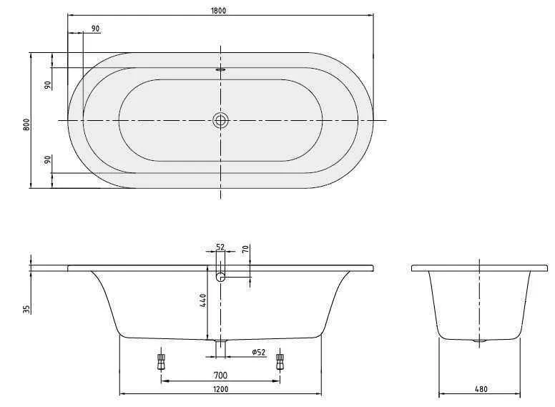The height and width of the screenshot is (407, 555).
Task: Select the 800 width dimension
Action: [26, 124]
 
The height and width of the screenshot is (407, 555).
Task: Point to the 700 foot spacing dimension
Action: [220, 375]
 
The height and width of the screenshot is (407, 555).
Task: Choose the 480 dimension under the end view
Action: [481, 389]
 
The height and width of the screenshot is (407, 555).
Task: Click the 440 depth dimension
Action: [203, 300]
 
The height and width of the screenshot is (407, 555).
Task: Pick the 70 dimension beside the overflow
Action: [245, 250]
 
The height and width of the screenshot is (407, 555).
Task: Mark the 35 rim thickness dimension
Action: [26, 309]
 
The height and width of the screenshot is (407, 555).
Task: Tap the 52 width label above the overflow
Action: [220, 247]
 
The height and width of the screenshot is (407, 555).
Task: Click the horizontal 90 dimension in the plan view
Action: [96, 29]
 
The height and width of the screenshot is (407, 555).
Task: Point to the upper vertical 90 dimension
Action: [47, 84]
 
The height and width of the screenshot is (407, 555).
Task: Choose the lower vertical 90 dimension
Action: [47, 160]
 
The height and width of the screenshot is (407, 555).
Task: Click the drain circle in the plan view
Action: [221, 120]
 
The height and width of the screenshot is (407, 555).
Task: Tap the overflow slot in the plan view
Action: [220, 70]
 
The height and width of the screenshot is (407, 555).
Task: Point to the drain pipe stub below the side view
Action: [221, 347]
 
